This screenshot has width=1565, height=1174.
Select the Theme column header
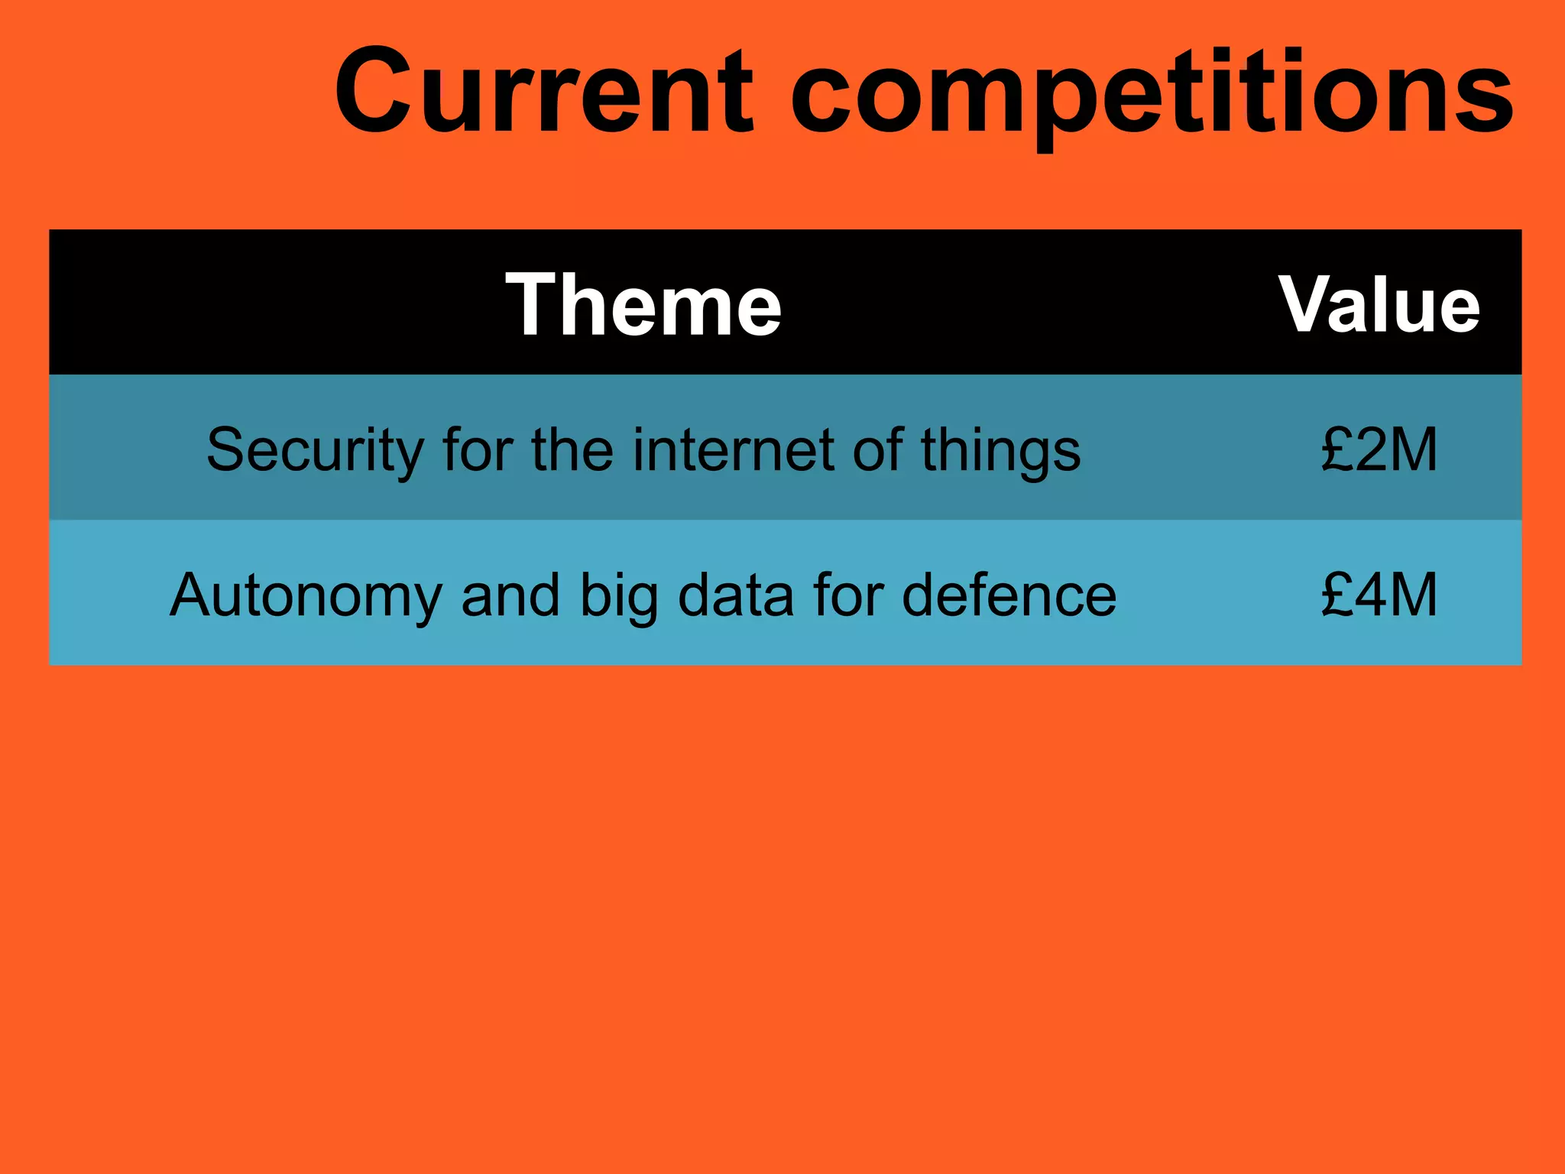point(643,304)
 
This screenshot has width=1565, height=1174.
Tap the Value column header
point(1379,304)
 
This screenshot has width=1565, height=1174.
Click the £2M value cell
point(1379,449)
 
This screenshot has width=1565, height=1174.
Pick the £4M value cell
point(1379,595)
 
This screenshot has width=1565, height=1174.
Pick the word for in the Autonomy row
point(847,595)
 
